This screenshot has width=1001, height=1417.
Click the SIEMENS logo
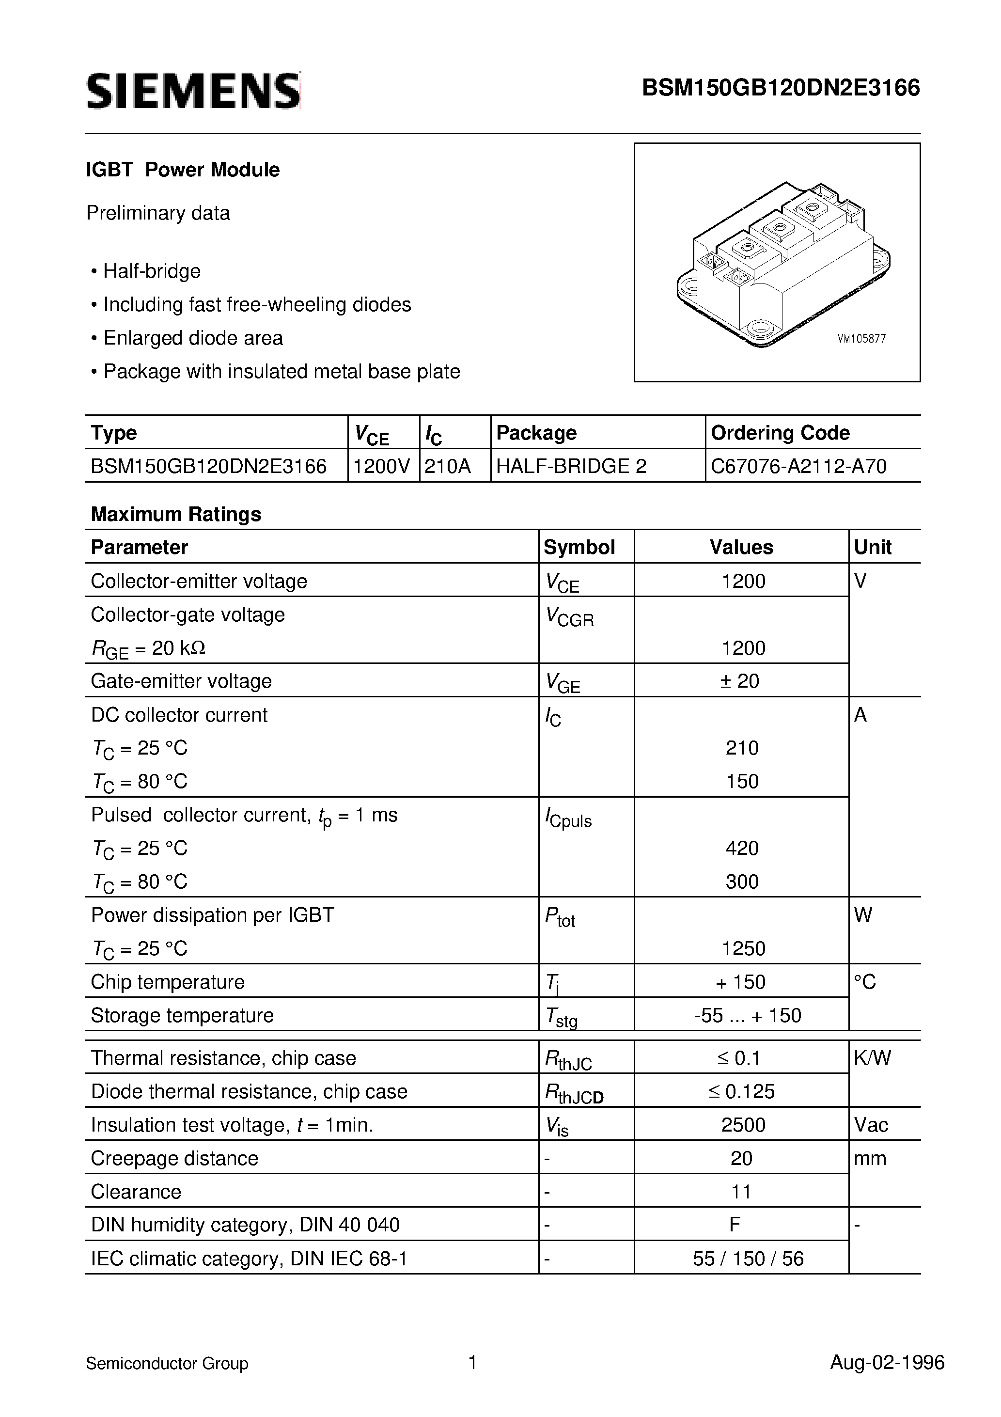193,91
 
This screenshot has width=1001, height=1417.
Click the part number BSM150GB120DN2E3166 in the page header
781,89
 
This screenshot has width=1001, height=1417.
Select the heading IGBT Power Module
183,170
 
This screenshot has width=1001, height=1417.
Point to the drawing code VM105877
861,339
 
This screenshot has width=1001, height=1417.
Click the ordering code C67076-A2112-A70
798,466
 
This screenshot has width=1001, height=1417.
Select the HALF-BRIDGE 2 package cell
571,466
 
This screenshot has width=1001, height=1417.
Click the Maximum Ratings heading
176,514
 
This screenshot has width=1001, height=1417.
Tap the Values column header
741,548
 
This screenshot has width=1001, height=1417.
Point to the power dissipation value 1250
743,948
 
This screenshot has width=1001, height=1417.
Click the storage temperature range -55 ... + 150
747,1015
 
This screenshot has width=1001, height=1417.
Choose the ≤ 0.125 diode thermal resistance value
741,1091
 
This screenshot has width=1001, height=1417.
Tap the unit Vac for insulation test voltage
871,1124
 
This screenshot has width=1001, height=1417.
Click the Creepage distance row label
174,1158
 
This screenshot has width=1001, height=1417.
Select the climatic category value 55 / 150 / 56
748,1259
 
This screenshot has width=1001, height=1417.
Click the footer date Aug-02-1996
887,1362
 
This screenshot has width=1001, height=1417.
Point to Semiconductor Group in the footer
167,1363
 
